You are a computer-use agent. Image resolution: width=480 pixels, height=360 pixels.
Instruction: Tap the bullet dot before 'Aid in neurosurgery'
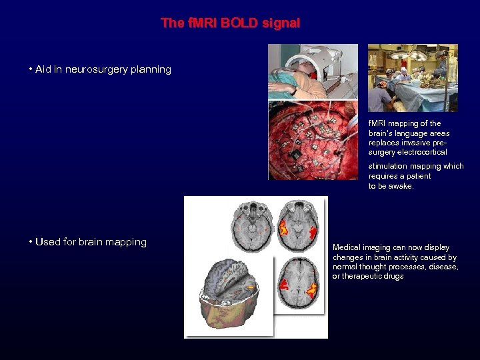coord(31,69)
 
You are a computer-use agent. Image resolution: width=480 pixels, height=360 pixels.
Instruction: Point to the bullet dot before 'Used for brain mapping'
coord(31,242)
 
